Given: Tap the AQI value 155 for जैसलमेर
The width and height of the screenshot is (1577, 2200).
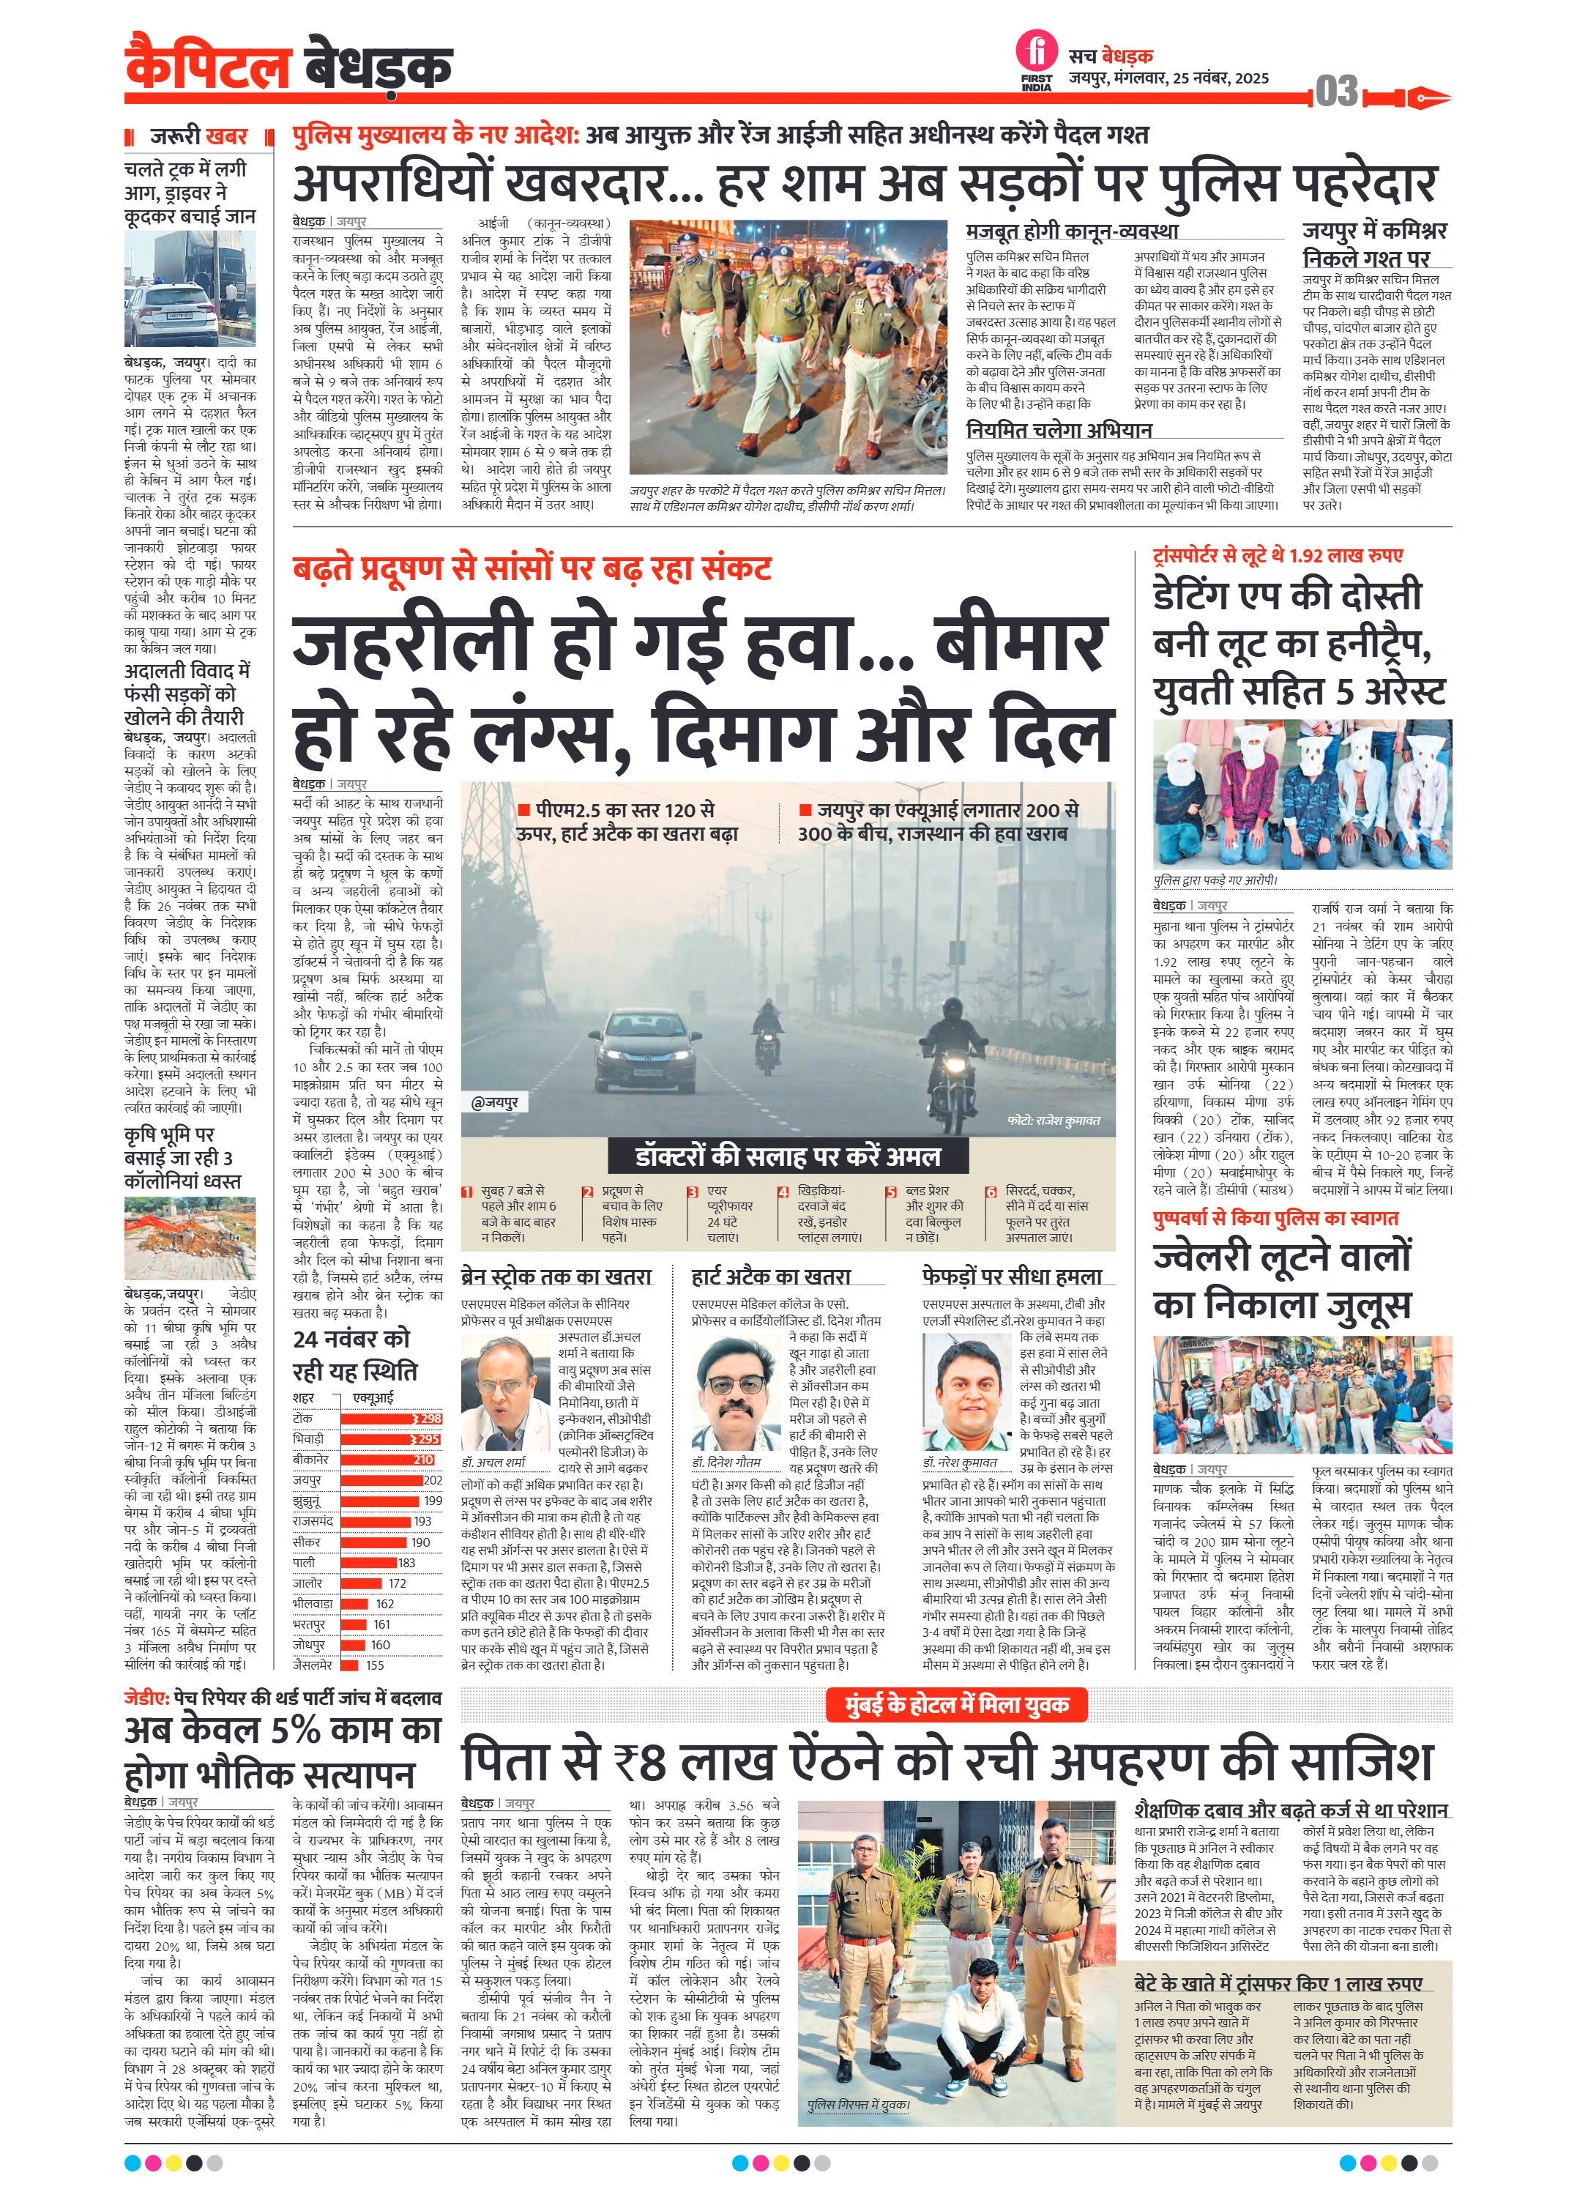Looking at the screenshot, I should click(x=374, y=1665).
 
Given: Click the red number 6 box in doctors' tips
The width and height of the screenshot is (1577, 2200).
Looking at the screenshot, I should click(x=991, y=1192).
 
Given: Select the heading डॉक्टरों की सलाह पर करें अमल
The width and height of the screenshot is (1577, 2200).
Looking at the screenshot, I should click(x=788, y=1156).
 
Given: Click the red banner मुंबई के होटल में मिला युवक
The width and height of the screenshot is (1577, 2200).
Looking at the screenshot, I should click(x=955, y=1704).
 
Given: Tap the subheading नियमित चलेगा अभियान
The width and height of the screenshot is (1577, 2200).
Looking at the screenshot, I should click(x=1058, y=430).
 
